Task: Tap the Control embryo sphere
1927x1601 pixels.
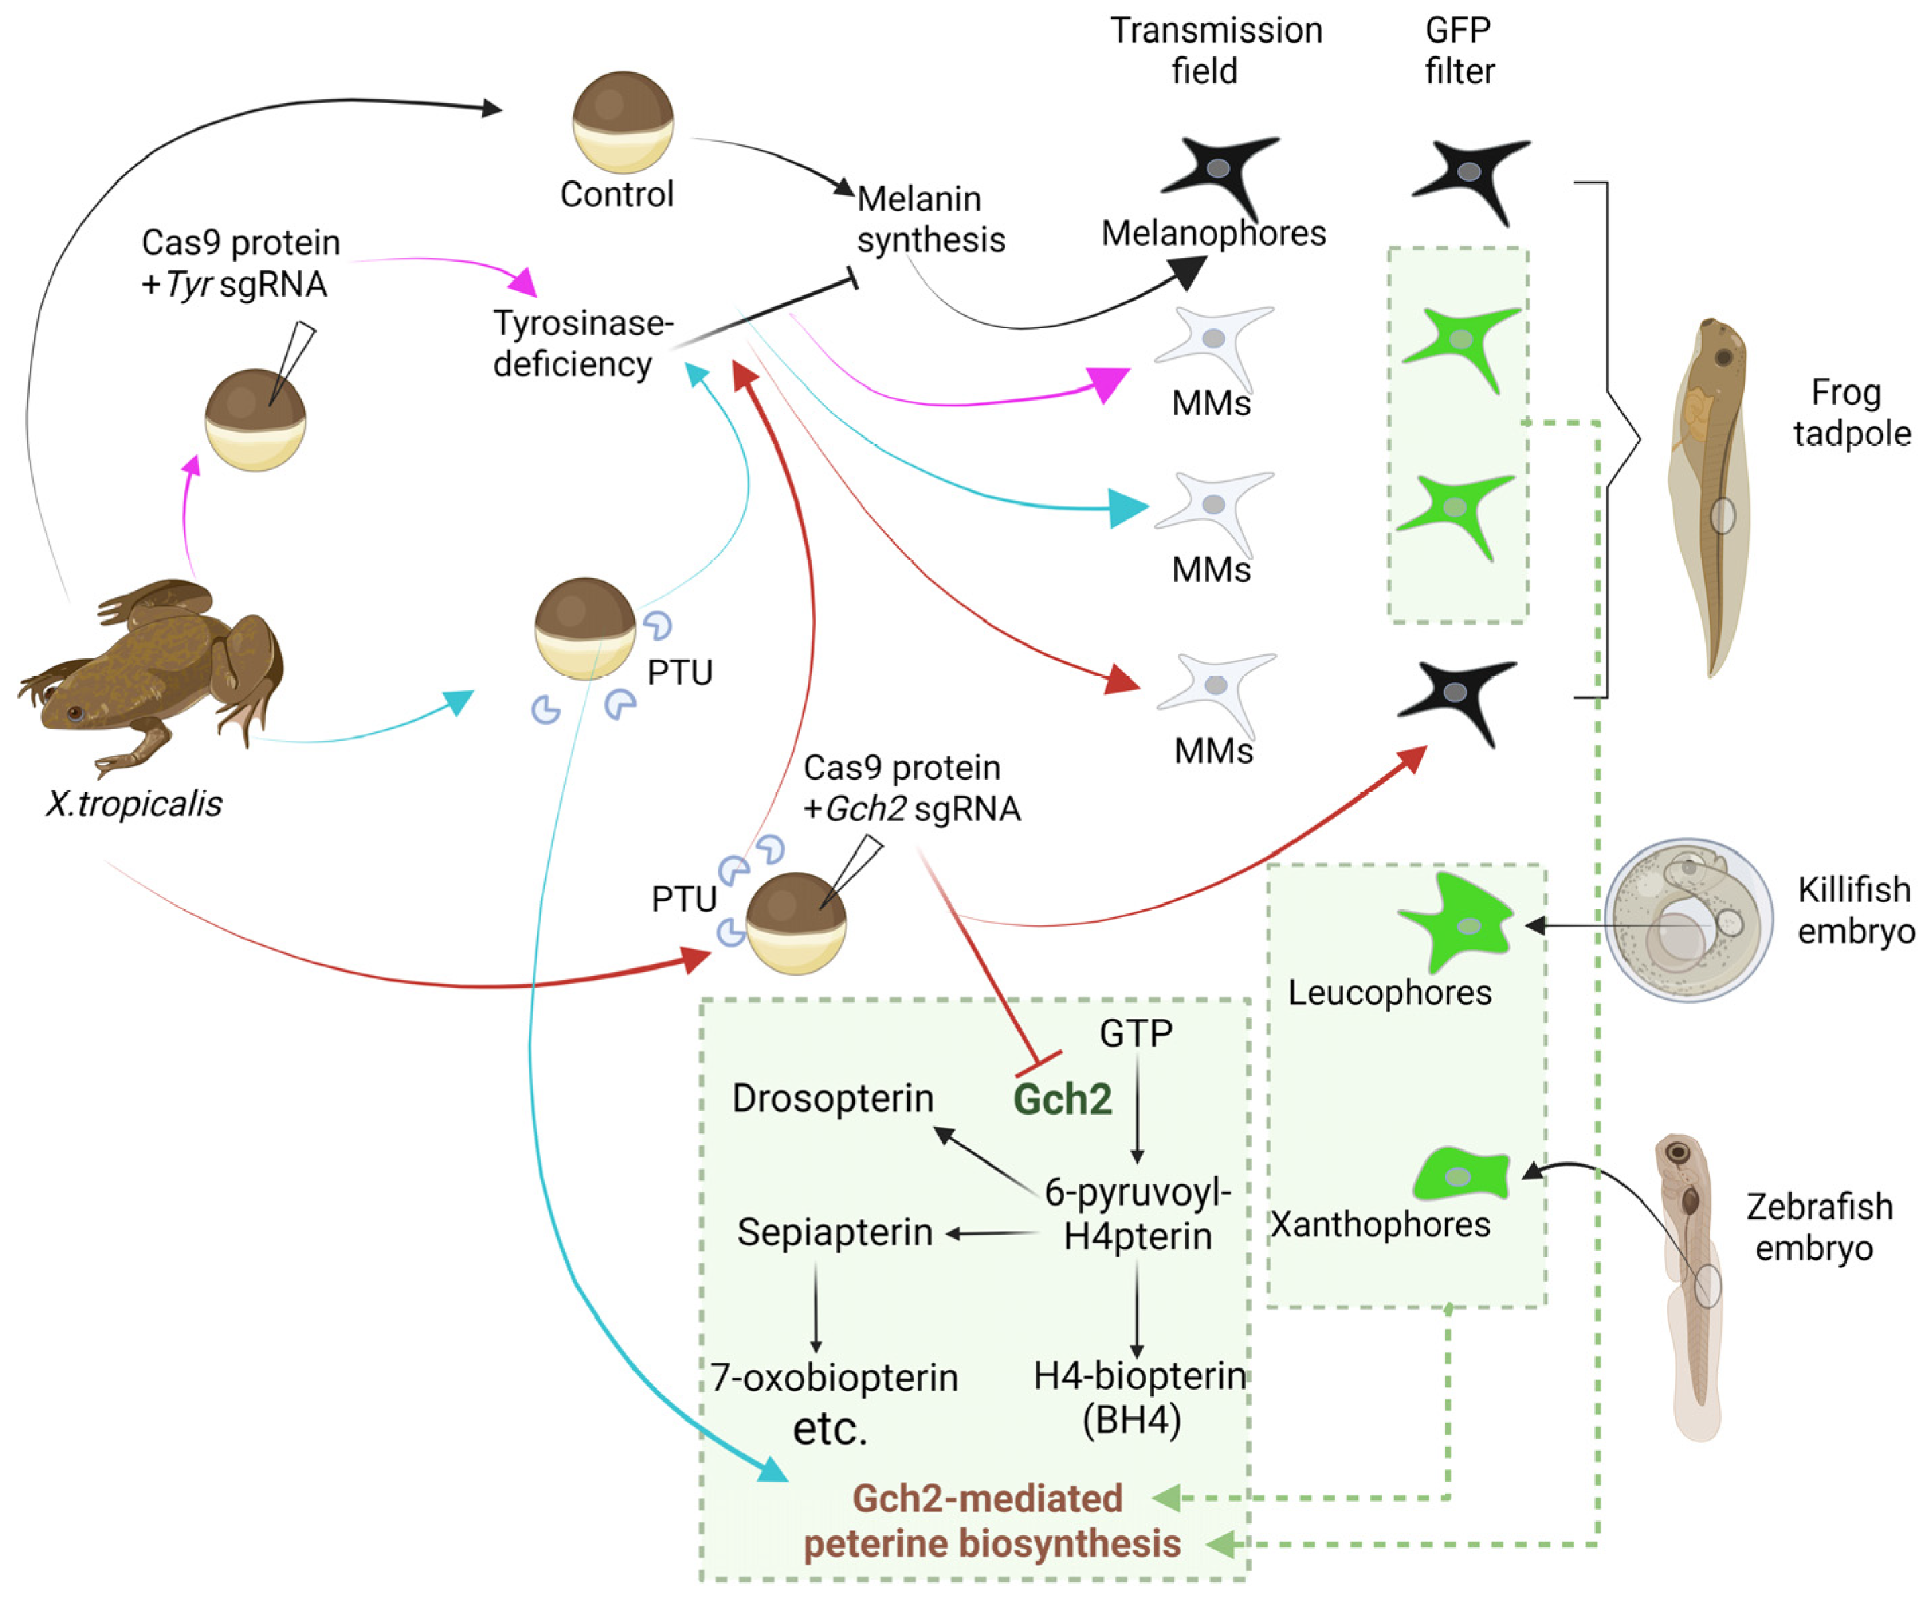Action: [623, 122]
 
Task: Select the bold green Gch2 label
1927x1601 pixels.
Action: [1062, 1099]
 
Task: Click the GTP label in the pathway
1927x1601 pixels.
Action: [1136, 1034]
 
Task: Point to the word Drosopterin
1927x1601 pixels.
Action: [832, 1098]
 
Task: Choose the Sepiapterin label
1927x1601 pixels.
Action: [834, 1232]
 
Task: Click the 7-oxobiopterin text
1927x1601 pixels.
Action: [834, 1377]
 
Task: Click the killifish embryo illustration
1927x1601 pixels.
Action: [1688, 920]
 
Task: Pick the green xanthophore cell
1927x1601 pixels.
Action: [1463, 1175]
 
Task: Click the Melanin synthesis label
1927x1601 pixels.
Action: [930, 219]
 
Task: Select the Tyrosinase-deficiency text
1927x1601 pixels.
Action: [582, 344]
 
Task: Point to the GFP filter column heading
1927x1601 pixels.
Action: [1459, 50]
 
